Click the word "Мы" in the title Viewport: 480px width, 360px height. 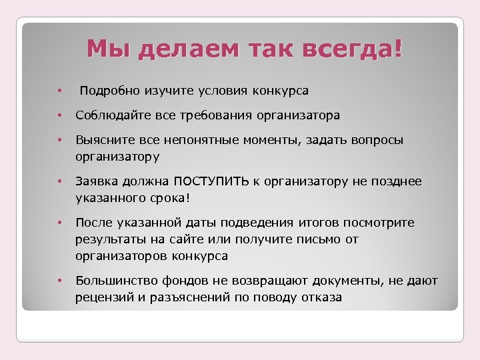coord(103,49)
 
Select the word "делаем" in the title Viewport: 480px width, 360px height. coord(175,49)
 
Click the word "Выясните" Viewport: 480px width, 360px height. coord(103,141)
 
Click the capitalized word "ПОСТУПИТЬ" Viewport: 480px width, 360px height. coord(212,181)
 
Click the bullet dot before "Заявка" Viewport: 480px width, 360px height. coord(59,181)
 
